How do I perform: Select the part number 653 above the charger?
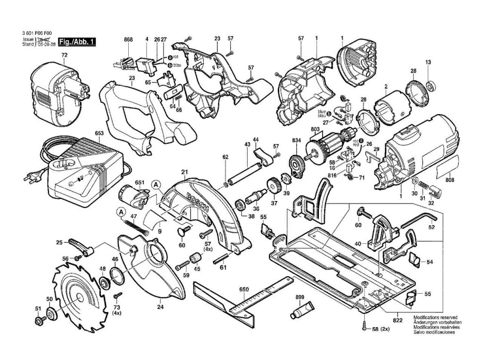(99, 133)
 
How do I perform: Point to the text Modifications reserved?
(433, 318)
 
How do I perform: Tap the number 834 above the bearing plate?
(296, 140)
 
